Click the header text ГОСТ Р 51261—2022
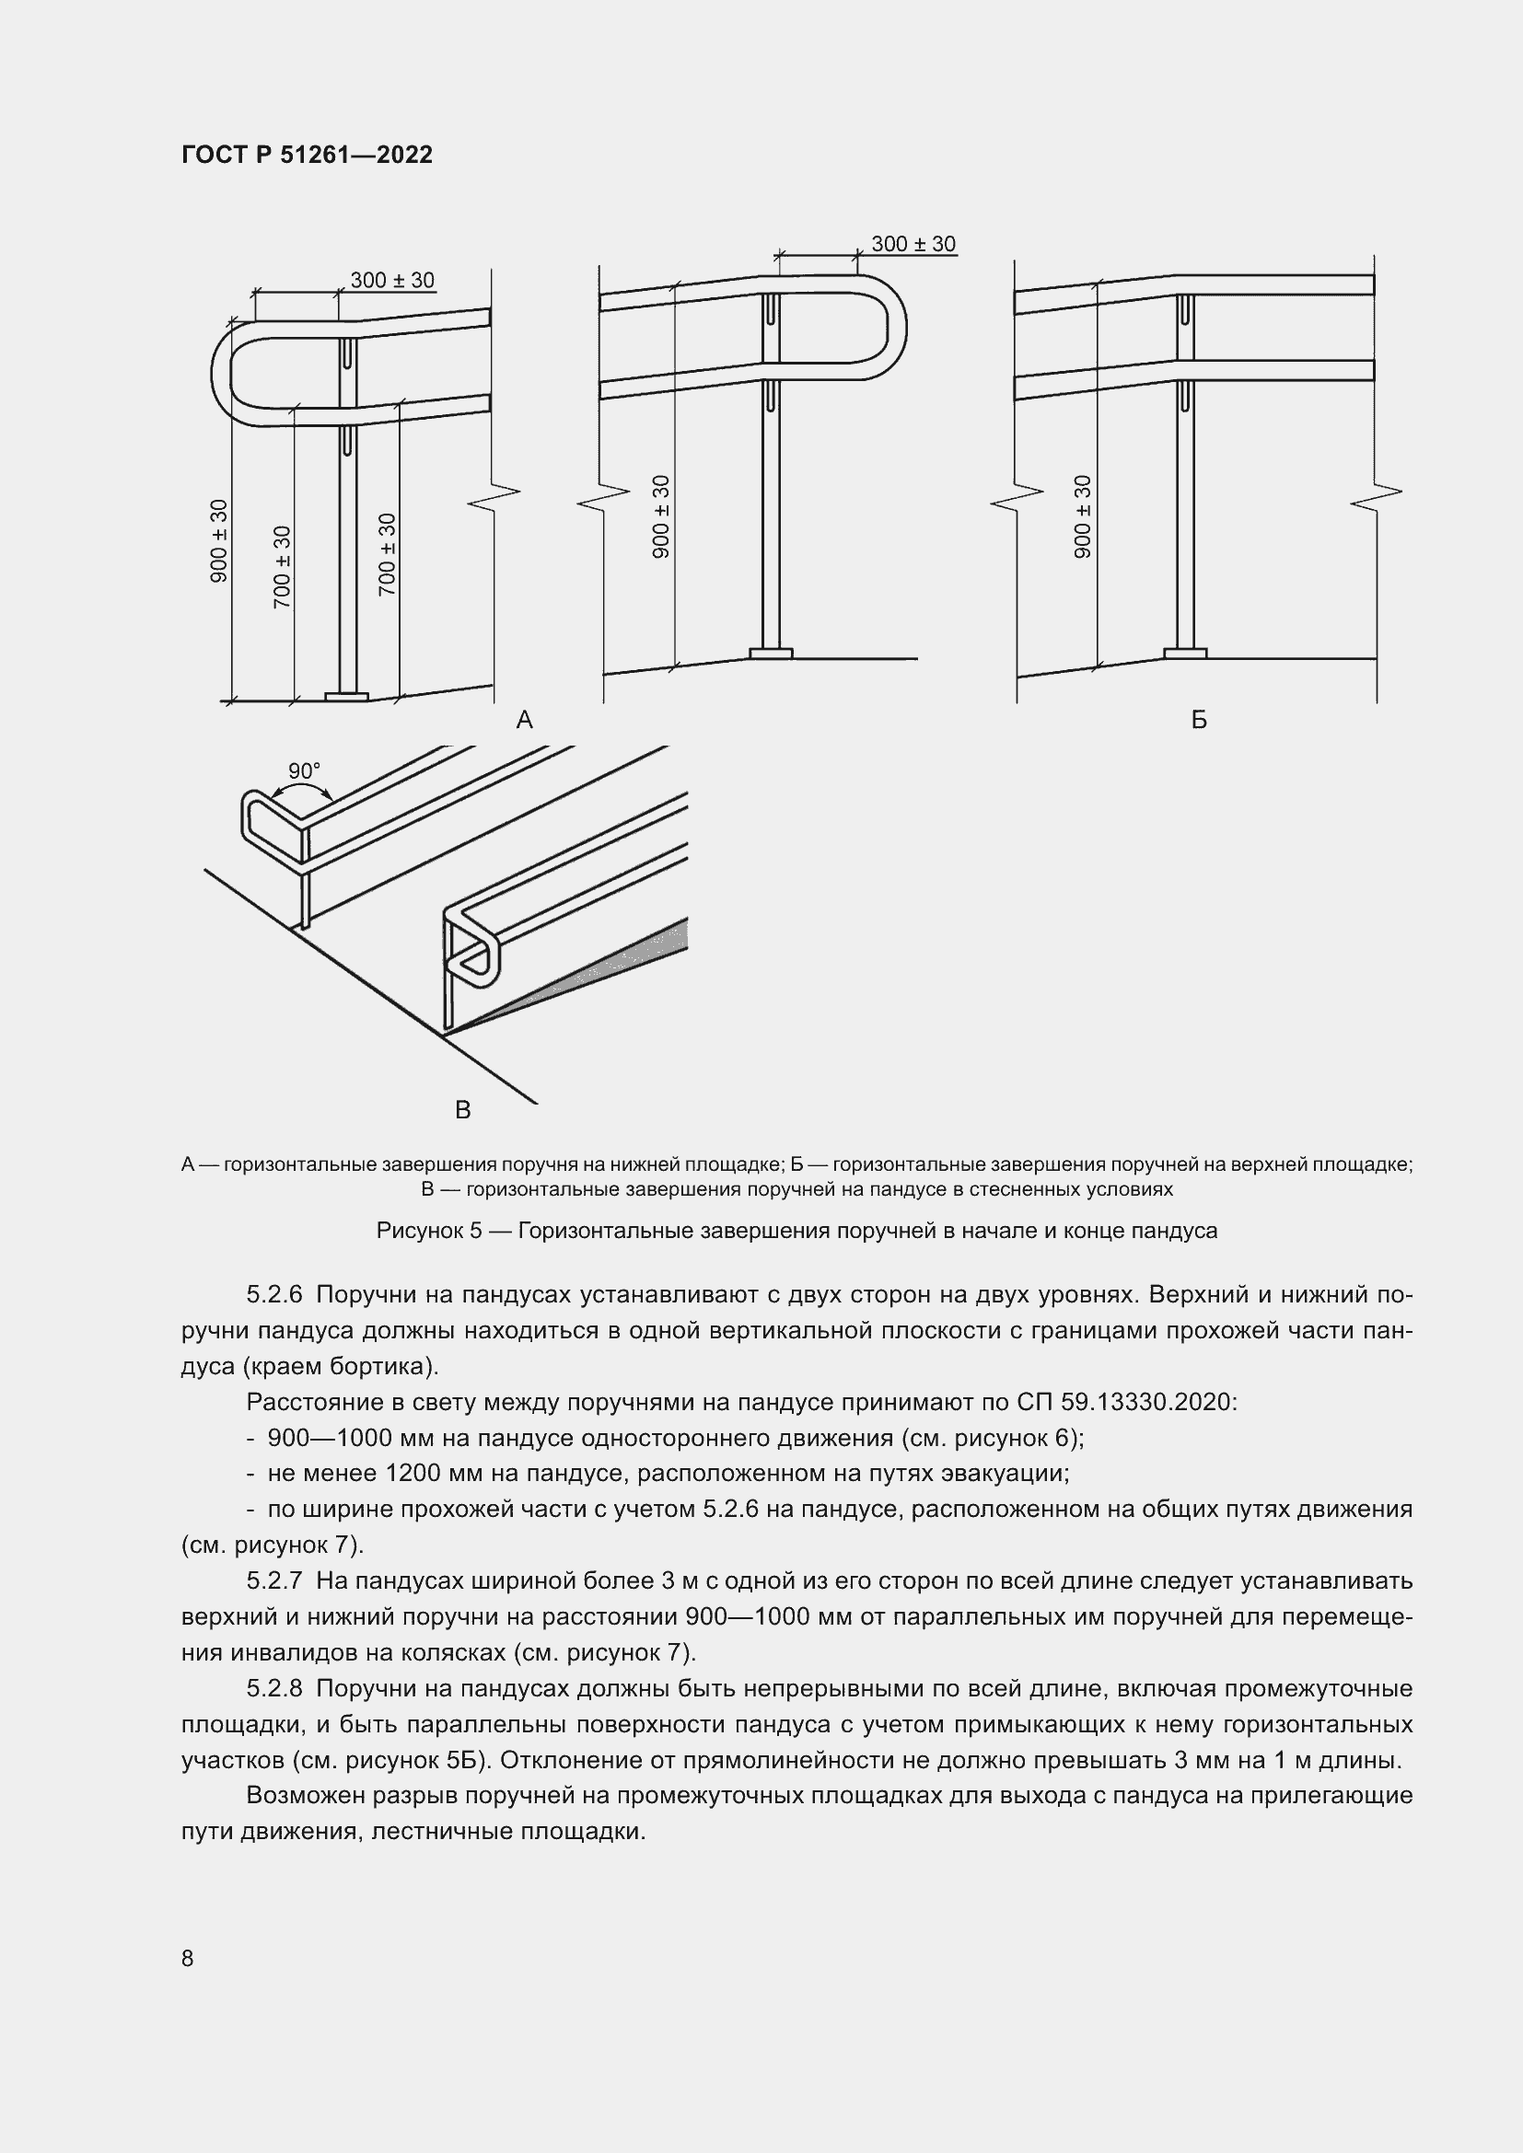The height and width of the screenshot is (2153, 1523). pos(307,156)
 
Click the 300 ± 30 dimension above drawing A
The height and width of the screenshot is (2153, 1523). pos(392,281)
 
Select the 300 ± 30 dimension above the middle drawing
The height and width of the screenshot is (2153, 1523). pos(913,245)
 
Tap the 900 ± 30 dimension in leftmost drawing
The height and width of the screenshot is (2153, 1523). pos(218,541)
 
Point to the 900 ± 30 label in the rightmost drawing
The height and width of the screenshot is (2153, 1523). pos(1083,516)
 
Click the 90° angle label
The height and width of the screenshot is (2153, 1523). pos(304,770)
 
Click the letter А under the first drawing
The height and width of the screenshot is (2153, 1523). pos(524,720)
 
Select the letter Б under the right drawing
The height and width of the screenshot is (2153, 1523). pos(1199,720)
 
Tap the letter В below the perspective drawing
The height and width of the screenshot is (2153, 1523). pos(462,1110)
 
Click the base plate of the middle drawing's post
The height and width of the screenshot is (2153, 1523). pos(771,654)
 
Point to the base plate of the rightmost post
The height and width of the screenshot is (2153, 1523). pos(1185,653)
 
